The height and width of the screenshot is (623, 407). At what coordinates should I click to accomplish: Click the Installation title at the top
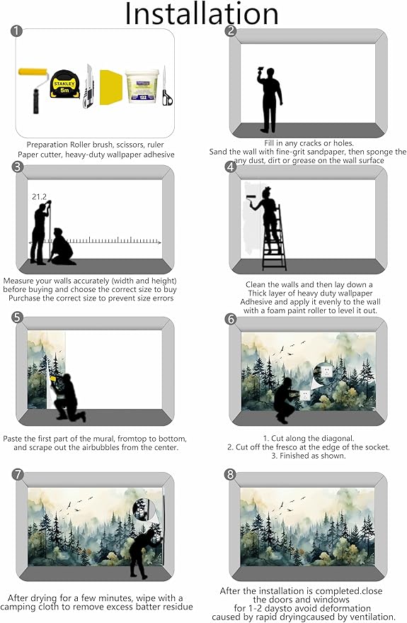202,13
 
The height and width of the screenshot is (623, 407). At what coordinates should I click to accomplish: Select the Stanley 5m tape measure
64,84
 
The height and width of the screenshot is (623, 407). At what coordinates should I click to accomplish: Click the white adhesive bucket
142,86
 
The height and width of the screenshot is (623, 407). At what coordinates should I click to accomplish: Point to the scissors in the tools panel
166,87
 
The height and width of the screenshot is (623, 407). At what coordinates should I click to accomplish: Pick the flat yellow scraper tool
110,88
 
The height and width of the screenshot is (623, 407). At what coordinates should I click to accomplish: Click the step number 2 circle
231,30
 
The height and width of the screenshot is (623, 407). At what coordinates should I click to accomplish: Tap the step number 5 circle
18,318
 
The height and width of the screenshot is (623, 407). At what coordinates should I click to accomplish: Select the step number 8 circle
231,474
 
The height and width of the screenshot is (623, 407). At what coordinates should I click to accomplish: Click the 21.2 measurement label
39,196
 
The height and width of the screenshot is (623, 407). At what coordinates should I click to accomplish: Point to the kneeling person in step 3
62,247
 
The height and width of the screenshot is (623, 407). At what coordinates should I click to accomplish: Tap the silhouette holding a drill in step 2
270,100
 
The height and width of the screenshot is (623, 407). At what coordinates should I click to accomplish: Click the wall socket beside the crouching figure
304,395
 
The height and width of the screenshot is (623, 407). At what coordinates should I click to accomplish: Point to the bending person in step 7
145,552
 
